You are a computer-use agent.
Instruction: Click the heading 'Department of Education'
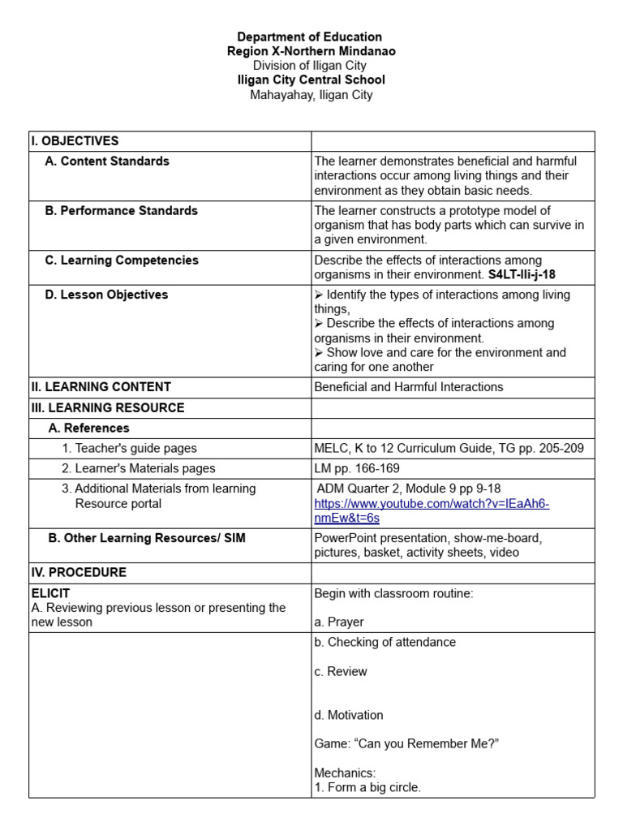309,37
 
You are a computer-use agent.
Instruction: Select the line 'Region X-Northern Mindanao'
311,51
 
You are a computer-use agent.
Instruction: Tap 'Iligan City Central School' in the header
311,80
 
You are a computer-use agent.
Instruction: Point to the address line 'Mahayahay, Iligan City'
311,94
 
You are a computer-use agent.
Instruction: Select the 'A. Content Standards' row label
107,161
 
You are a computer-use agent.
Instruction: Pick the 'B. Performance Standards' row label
121,210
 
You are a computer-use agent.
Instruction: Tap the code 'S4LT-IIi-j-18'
522,274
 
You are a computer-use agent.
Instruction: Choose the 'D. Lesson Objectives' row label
106,295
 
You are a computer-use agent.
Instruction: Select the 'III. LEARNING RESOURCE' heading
108,407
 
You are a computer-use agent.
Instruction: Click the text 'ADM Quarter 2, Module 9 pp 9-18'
408,489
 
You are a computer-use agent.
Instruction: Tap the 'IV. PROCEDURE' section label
79,572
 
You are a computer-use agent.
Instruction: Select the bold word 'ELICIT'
50,593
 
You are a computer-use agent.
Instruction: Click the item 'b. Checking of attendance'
385,642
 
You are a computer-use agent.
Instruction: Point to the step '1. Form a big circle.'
367,787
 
